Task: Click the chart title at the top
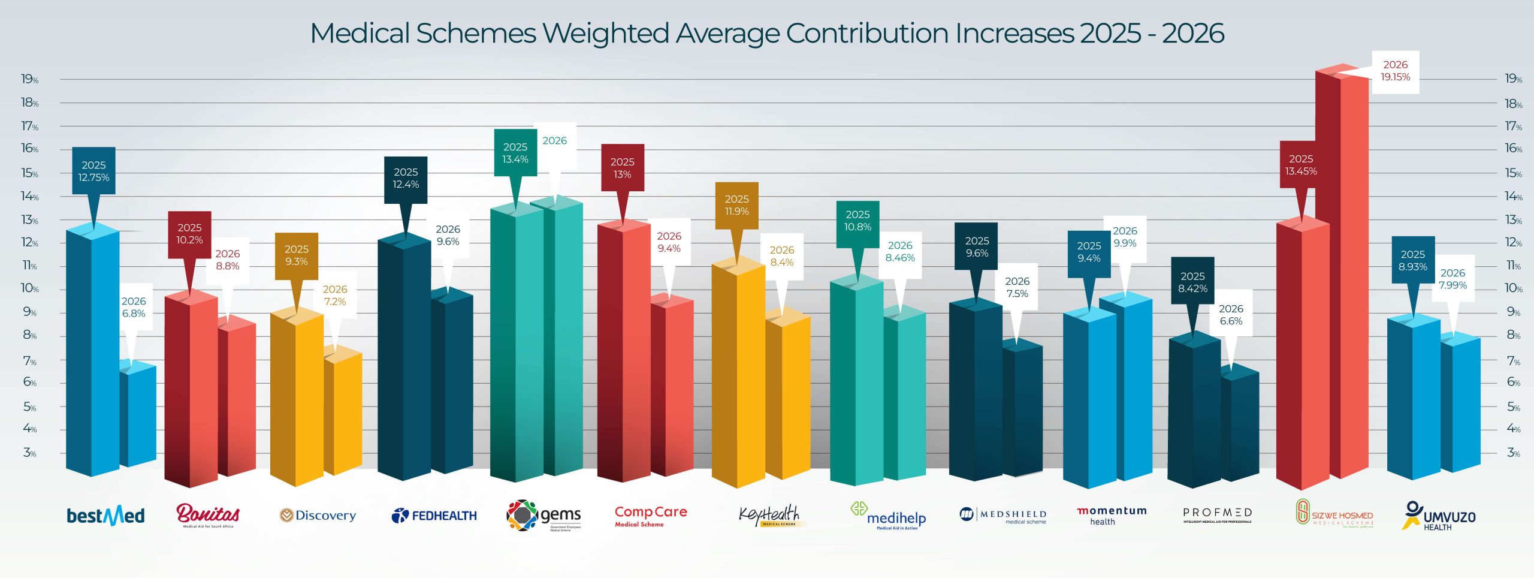(766, 34)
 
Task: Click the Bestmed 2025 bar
(93, 354)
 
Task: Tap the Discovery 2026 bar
(343, 414)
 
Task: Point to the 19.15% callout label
(1395, 71)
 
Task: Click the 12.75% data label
(93, 171)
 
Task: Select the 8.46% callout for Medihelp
(900, 252)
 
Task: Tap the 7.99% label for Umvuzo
(1453, 279)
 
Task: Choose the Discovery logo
(318, 516)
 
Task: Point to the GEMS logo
(544, 516)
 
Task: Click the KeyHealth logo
(769, 516)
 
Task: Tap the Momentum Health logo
(1112, 516)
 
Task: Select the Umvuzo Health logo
(1439, 516)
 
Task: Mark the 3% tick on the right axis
(1513, 453)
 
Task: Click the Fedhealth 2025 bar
(404, 360)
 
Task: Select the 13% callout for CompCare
(622, 168)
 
